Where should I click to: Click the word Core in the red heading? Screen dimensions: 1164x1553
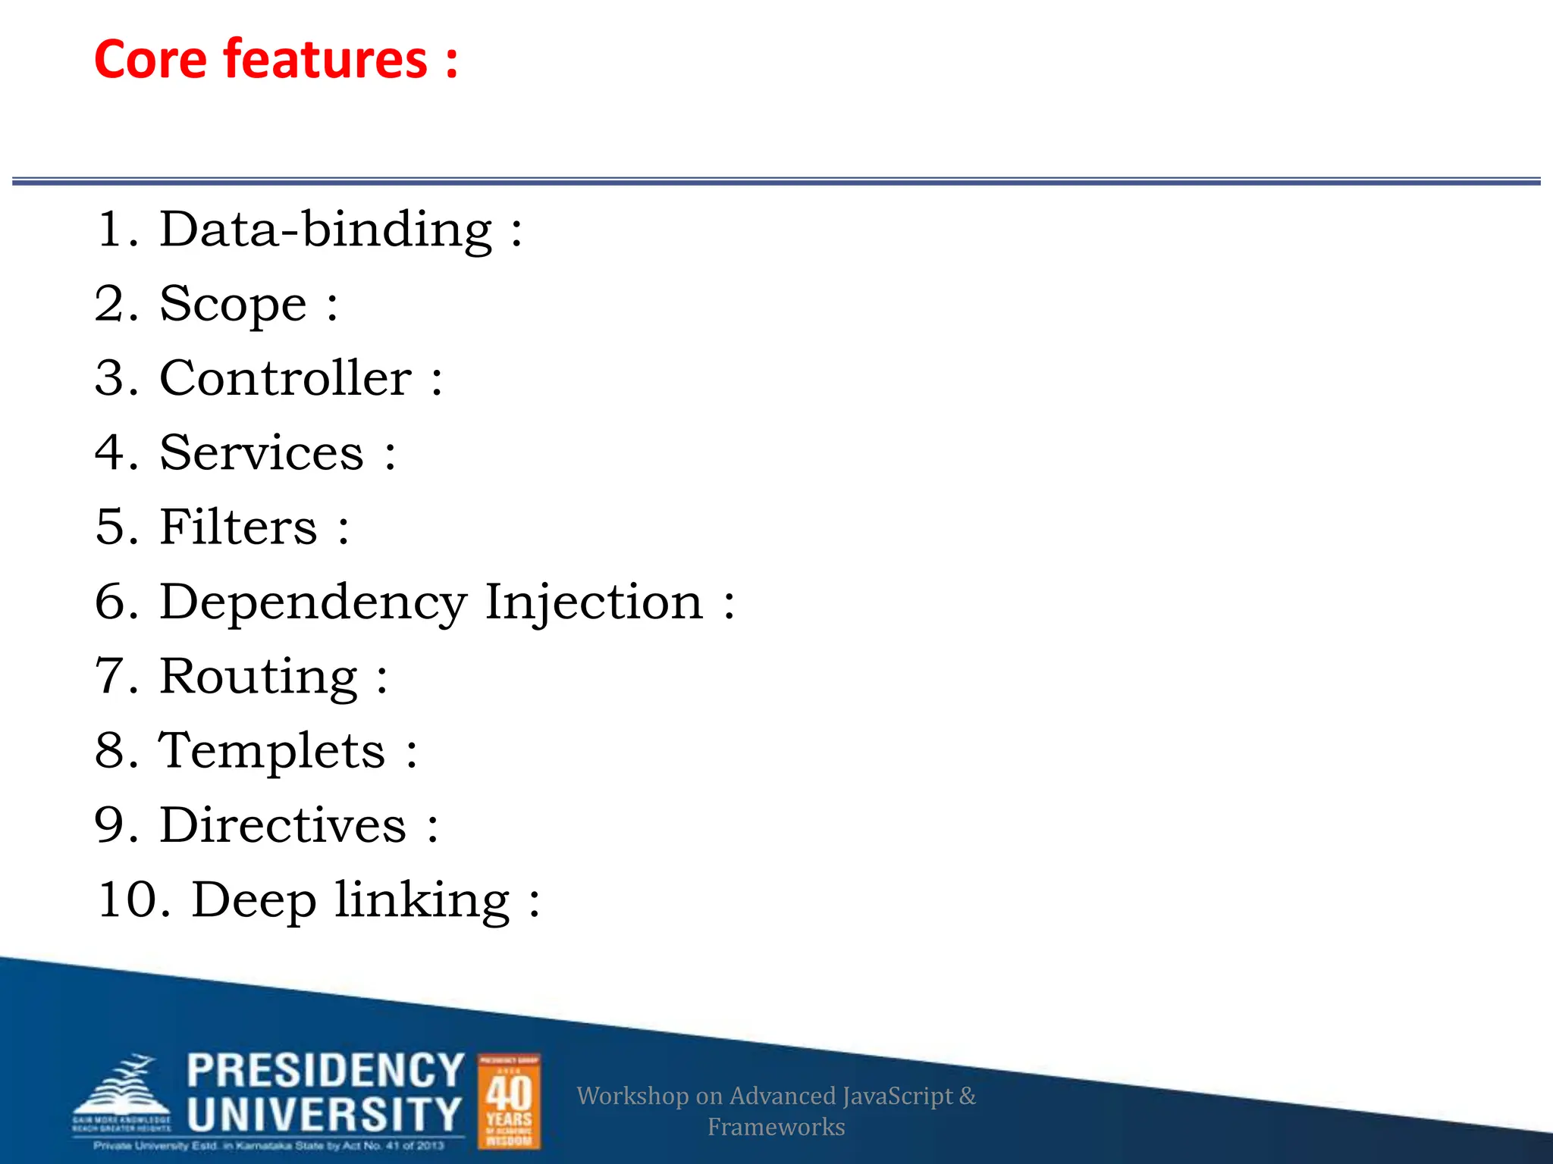coord(150,59)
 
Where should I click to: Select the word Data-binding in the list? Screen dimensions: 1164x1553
coord(326,230)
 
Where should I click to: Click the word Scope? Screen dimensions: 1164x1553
coord(233,305)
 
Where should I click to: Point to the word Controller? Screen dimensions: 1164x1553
coord(286,378)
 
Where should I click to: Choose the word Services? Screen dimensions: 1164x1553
coord(262,453)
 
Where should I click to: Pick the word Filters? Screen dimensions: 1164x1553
coord(238,527)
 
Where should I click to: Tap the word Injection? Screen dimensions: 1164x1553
coord(594,602)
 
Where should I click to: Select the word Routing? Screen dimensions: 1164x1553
coord(259,677)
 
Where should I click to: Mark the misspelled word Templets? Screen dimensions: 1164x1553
coord(271,751)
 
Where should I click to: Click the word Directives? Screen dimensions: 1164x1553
coord(283,825)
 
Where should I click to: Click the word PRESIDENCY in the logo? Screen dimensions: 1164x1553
coord(325,1070)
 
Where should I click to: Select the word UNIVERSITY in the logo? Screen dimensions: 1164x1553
coord(324,1114)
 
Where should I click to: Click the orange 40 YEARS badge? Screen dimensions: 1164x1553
coord(509,1101)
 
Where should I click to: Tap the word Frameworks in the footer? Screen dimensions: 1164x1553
coord(776,1127)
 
